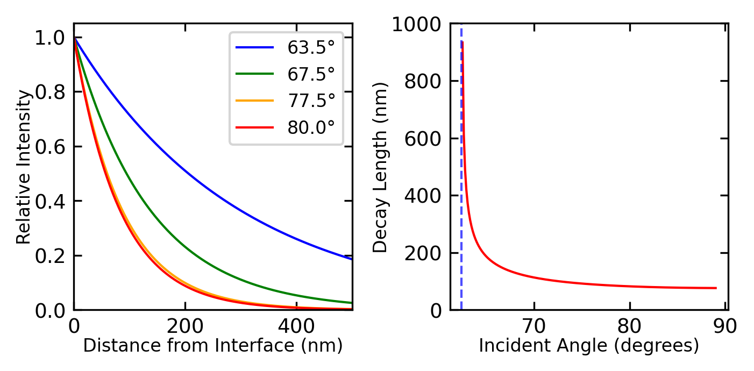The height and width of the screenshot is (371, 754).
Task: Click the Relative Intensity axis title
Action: point(24,167)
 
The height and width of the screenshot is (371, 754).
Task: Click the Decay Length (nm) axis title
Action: point(380,167)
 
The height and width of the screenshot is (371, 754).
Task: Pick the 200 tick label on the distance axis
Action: point(185,326)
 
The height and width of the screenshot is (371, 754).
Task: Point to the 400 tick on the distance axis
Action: point(297,326)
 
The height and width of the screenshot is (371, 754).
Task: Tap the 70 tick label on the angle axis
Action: point(534,326)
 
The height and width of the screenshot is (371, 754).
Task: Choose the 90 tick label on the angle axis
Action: point(724,326)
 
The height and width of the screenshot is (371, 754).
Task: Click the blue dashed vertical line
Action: point(461,188)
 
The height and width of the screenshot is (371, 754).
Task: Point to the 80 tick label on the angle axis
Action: point(629,326)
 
